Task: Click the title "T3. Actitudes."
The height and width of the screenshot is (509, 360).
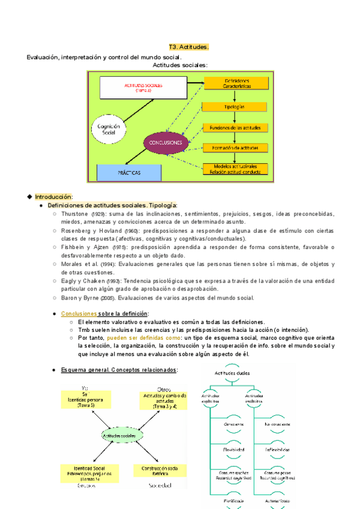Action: coord(188,47)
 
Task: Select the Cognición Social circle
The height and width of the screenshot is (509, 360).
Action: coord(109,130)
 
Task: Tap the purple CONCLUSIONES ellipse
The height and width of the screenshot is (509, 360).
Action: coord(166,143)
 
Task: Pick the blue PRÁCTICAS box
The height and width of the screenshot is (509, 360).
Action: coord(129,172)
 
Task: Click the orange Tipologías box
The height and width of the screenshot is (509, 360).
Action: coord(235,106)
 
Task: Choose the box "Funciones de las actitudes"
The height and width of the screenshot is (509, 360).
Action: coord(235,127)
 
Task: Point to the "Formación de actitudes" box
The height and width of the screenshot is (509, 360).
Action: coord(235,148)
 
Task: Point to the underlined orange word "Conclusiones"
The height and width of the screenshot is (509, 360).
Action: coord(79,314)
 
